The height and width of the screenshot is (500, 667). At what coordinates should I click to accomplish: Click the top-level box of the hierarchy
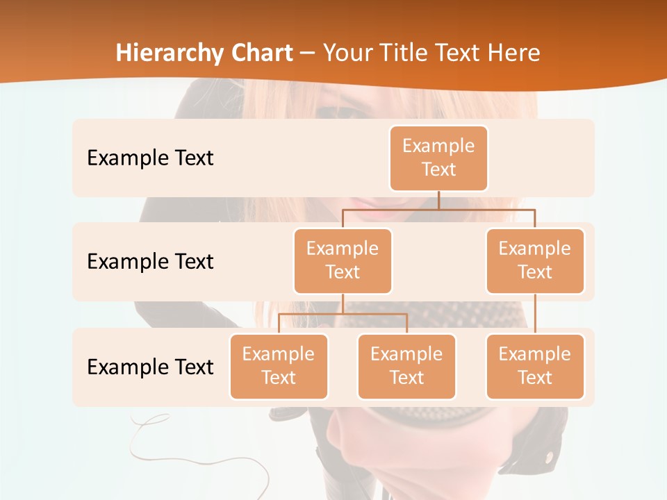[x=438, y=158]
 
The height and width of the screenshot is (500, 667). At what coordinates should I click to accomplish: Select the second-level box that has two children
[x=343, y=261]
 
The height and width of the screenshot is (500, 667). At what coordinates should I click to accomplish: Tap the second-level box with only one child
[x=535, y=261]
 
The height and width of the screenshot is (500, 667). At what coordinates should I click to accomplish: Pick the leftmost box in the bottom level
[x=279, y=367]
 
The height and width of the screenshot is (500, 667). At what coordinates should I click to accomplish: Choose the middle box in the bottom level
[x=406, y=367]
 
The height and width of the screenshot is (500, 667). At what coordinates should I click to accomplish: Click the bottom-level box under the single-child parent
[x=535, y=367]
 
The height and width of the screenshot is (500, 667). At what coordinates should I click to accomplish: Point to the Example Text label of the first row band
[x=150, y=158]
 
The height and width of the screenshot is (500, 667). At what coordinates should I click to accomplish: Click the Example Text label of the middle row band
[x=150, y=261]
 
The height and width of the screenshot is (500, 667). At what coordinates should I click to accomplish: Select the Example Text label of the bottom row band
[x=150, y=367]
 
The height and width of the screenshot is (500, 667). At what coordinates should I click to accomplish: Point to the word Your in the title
[x=347, y=53]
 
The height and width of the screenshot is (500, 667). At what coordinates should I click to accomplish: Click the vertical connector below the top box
[x=438, y=200]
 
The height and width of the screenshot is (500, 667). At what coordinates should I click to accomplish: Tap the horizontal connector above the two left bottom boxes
[x=343, y=314]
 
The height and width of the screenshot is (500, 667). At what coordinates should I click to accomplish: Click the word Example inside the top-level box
[x=438, y=146]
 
